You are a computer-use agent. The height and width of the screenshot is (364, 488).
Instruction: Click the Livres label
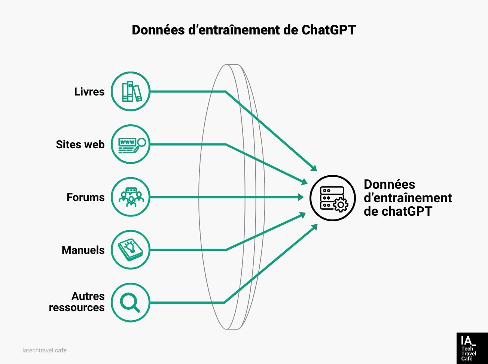(x=89, y=92)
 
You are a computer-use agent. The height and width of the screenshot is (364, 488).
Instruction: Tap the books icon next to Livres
(x=131, y=91)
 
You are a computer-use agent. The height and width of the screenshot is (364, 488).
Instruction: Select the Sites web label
(x=80, y=145)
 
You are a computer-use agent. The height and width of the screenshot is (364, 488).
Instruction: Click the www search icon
(x=131, y=145)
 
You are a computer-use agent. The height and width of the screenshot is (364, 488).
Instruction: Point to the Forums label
(x=85, y=197)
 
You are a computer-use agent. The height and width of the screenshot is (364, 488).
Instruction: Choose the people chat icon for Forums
(x=131, y=197)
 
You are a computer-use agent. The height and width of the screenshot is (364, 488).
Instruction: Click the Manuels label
(x=83, y=250)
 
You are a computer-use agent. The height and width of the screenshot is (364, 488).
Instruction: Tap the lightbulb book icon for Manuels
(x=131, y=250)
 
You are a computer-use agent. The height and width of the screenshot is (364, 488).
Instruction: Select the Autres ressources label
(x=77, y=302)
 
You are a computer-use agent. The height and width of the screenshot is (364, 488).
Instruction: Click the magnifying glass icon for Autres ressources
(x=131, y=303)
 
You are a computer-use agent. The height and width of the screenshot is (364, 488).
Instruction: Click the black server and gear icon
(x=332, y=198)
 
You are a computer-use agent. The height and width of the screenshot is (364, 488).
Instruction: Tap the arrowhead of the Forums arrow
(x=301, y=197)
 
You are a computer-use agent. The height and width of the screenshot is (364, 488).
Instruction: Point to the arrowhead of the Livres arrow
(x=314, y=167)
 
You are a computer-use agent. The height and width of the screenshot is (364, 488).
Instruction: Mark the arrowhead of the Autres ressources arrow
(x=314, y=227)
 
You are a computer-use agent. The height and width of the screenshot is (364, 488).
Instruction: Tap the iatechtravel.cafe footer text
(x=45, y=351)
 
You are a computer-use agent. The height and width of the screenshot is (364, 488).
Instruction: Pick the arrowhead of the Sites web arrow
(x=304, y=182)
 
